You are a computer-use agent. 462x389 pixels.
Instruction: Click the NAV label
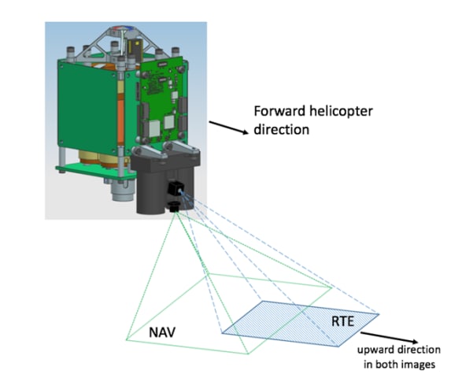pyautogui.click(x=162, y=332)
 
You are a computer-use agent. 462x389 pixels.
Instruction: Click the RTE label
pyautogui.click(x=342, y=321)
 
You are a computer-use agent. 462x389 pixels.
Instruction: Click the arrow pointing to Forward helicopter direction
pyautogui.click(x=229, y=128)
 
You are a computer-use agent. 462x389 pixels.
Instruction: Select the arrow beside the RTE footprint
pyautogui.click(x=390, y=338)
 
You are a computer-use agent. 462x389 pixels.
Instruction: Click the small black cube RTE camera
pyautogui.click(x=176, y=188)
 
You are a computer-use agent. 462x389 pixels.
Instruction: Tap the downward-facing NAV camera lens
pyautogui.click(x=172, y=206)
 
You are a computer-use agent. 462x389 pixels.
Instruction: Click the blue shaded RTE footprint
pyautogui.click(x=300, y=324)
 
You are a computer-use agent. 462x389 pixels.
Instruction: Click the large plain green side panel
pyautogui.click(x=87, y=106)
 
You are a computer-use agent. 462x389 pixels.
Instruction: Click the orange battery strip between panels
pyautogui.click(x=120, y=118)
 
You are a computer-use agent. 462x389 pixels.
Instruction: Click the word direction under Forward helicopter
pyautogui.click(x=282, y=130)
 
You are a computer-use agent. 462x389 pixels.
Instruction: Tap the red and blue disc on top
pyautogui.click(x=122, y=28)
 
